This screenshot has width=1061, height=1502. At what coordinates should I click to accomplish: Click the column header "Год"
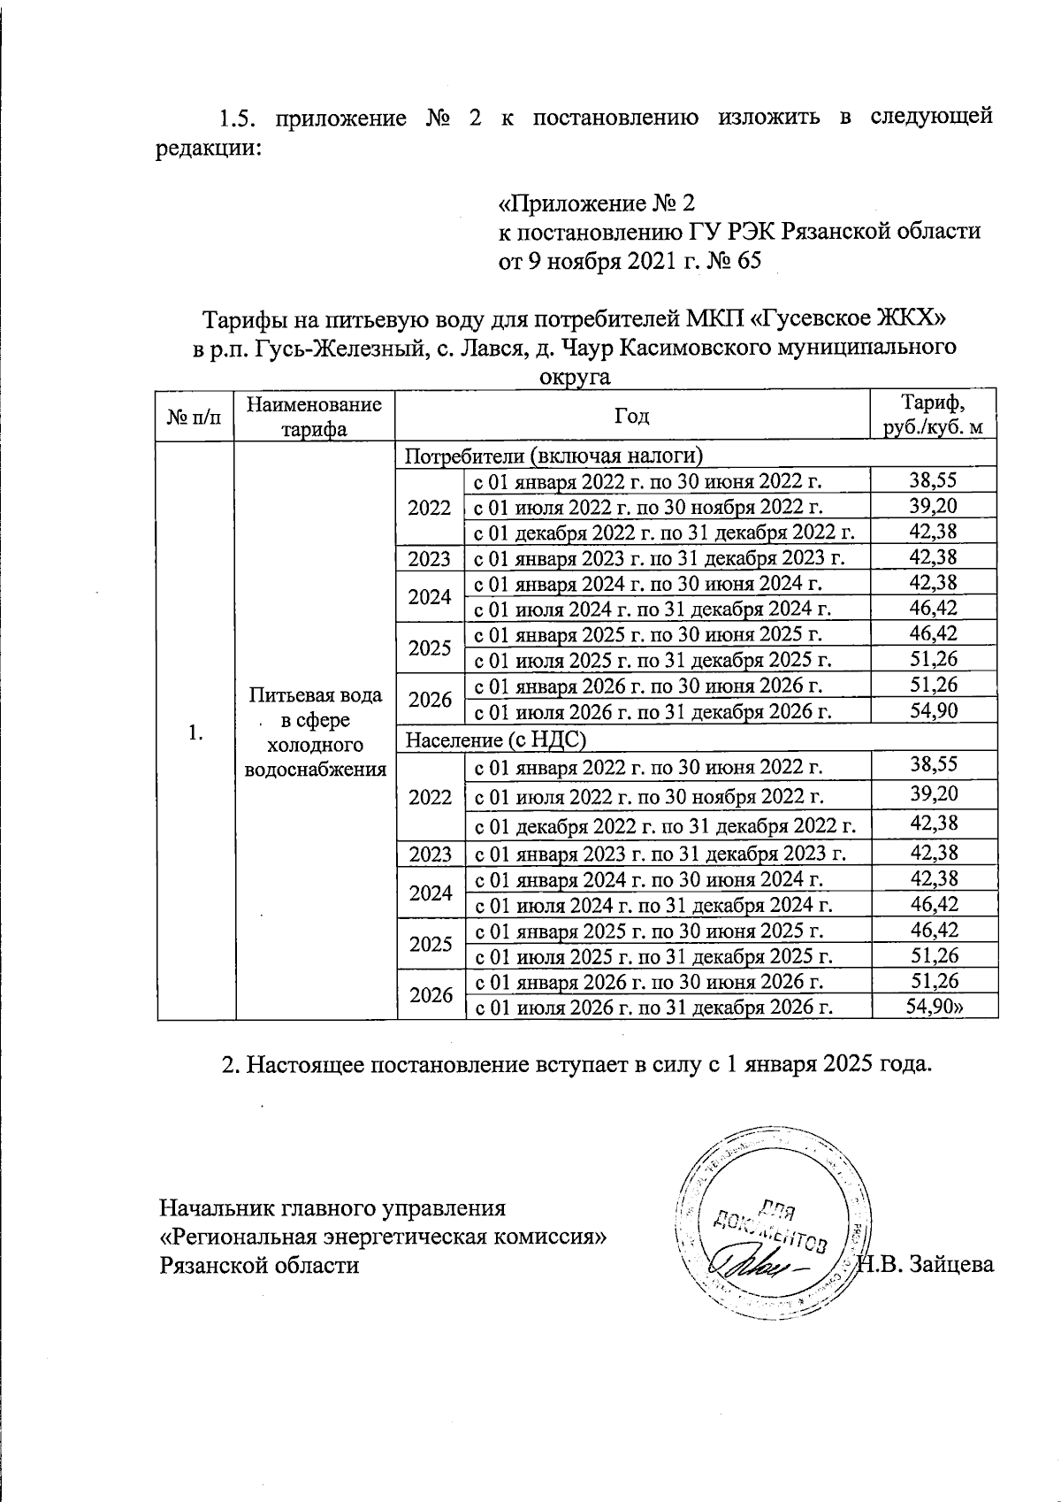coord(632,416)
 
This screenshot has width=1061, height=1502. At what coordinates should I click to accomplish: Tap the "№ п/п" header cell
coord(195,416)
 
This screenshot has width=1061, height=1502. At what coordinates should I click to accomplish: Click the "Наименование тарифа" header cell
coord(314,416)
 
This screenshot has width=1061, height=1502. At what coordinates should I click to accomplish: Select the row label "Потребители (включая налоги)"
coord(553,456)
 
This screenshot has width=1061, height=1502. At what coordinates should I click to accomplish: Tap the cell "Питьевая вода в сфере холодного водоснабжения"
coord(316,732)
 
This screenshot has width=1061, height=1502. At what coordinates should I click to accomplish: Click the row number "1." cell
coord(195,732)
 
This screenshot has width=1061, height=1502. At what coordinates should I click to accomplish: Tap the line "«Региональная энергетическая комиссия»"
coord(382,1236)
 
